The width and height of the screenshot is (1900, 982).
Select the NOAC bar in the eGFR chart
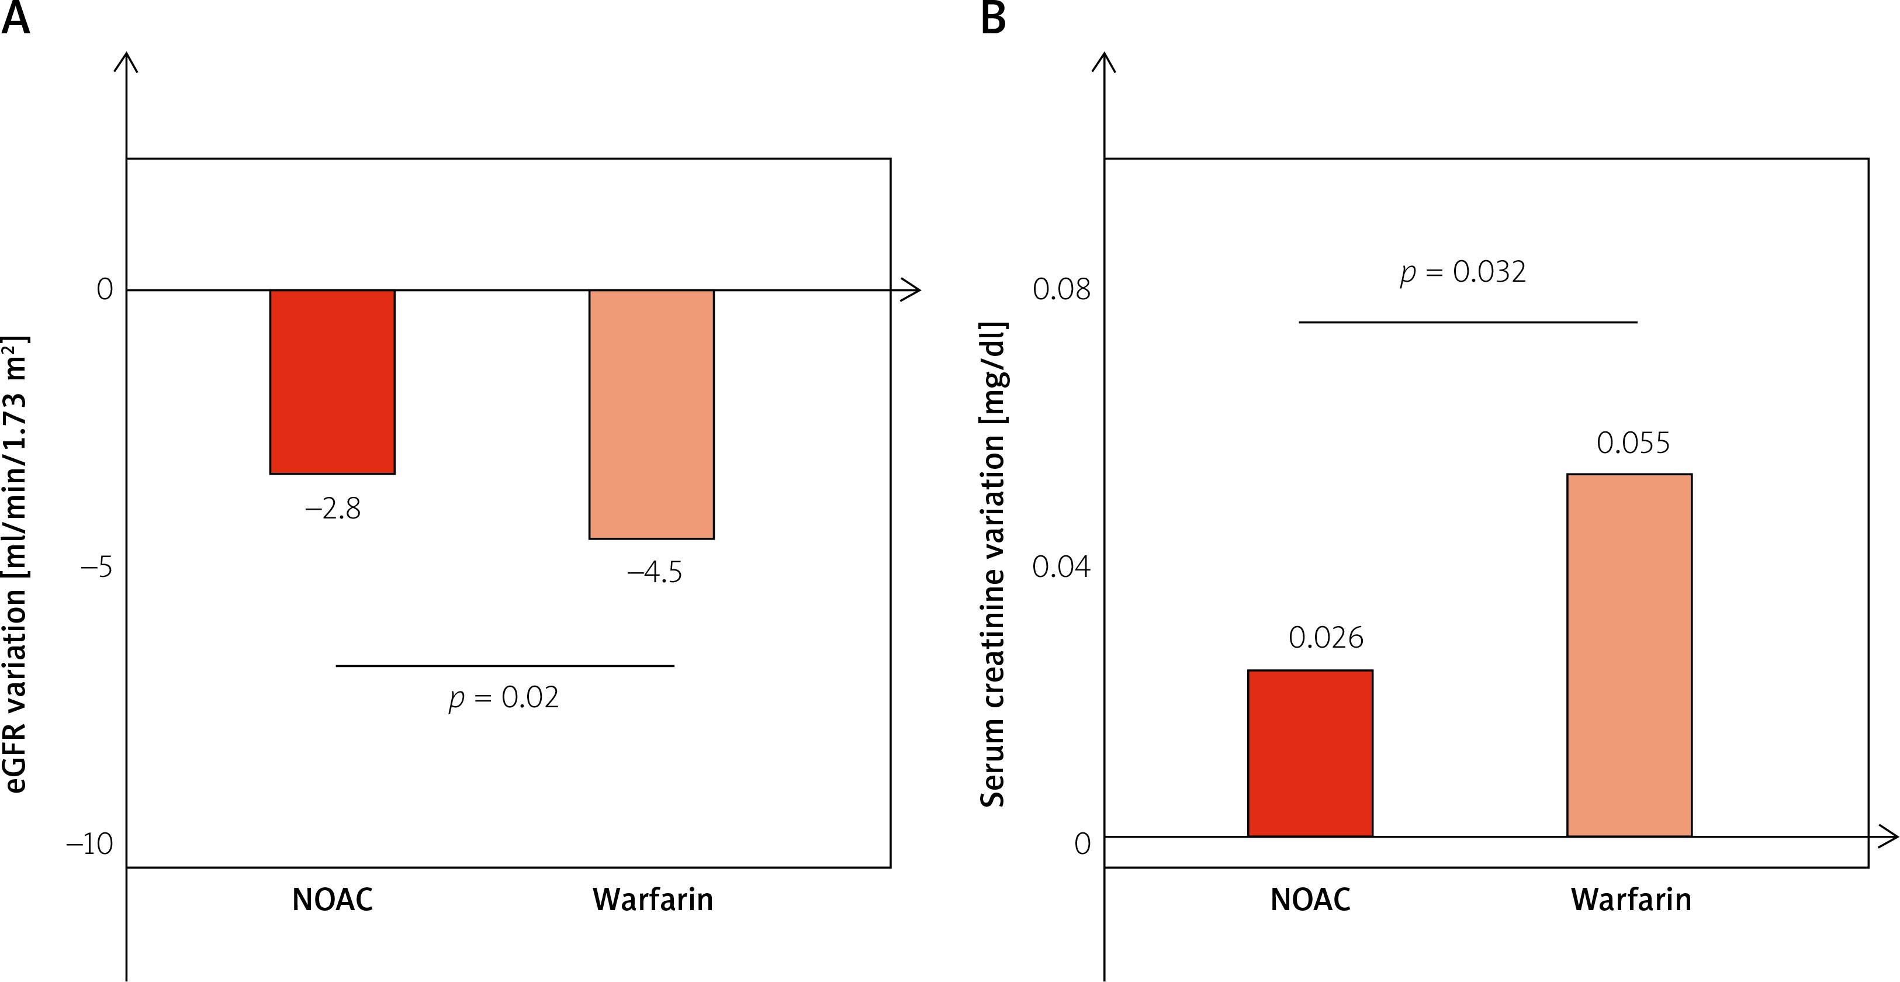click(x=332, y=382)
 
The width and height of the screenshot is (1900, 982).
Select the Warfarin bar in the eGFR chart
click(x=651, y=414)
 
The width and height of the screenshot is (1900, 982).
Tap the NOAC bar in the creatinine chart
click(x=1310, y=752)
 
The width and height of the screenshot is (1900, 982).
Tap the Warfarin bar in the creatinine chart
click(x=1629, y=655)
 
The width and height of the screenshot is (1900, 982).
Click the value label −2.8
click(x=333, y=509)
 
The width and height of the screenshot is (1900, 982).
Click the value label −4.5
click(x=654, y=572)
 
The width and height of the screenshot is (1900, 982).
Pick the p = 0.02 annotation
click(x=504, y=698)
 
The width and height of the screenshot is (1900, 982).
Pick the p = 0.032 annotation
click(x=1463, y=272)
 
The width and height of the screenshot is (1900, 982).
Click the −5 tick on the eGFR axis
click(x=96, y=568)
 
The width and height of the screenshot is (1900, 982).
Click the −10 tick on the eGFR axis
click(x=90, y=844)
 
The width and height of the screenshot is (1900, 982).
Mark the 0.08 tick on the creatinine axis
click(x=1061, y=289)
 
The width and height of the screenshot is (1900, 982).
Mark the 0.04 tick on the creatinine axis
click(x=1061, y=566)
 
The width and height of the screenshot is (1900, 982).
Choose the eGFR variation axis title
click(x=16, y=565)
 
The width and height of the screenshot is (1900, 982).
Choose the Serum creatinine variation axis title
click(x=993, y=565)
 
